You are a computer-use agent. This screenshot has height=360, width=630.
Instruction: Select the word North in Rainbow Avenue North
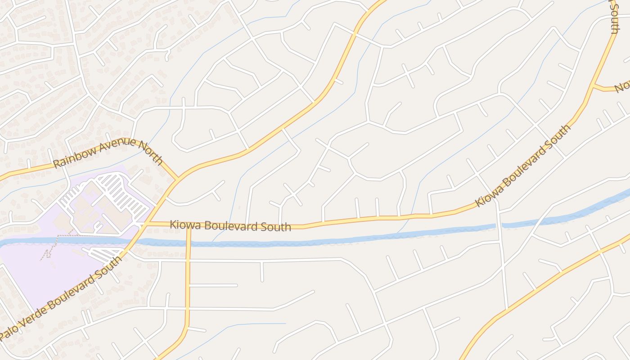pyautogui.click(x=150, y=152)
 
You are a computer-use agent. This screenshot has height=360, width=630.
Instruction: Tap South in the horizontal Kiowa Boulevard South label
pyautogui.click(x=275, y=227)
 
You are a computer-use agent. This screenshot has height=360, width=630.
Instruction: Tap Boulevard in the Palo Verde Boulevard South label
pyautogui.click(x=72, y=288)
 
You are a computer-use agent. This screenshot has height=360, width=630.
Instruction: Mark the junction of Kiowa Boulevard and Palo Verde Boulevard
pyautogui.click(x=145, y=223)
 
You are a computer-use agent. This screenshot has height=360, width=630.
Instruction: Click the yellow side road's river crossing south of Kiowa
pyautogui.click(x=188, y=243)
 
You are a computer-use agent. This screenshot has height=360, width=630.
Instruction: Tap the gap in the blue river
pyautogui.click(x=499, y=226)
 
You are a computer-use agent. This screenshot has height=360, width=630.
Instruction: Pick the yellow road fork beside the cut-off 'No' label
pyautogui.click(x=594, y=85)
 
